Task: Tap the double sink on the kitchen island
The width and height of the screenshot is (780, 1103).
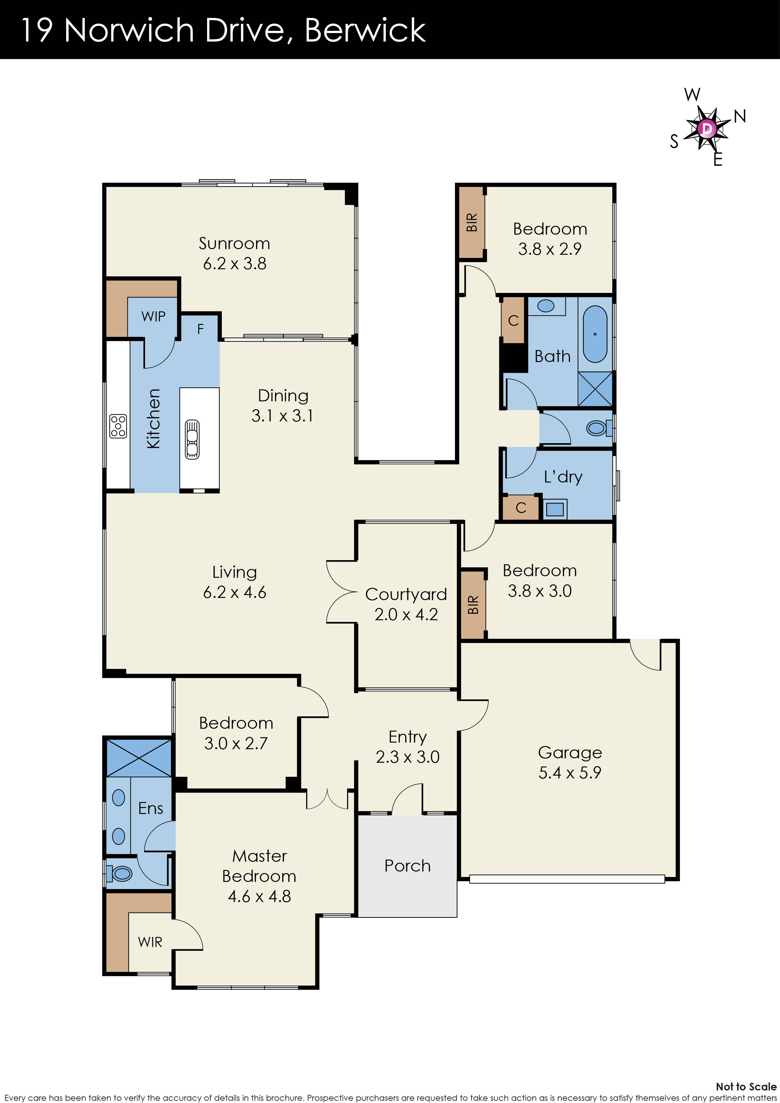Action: [x=192, y=440]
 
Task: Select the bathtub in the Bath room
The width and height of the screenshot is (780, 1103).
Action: [x=595, y=334]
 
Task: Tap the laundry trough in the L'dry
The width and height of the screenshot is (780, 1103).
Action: [x=555, y=509]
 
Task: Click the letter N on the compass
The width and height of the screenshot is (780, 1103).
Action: [x=740, y=116]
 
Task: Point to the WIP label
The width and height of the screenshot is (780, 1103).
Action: [x=153, y=317]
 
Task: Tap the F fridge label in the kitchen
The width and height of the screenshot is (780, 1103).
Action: [x=200, y=329]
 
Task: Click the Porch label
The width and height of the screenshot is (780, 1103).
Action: [x=407, y=866]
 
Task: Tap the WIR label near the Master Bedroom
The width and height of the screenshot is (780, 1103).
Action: [x=150, y=942]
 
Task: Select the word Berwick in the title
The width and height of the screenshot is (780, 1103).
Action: [x=365, y=30]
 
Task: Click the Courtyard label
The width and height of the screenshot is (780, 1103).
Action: [x=406, y=594]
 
